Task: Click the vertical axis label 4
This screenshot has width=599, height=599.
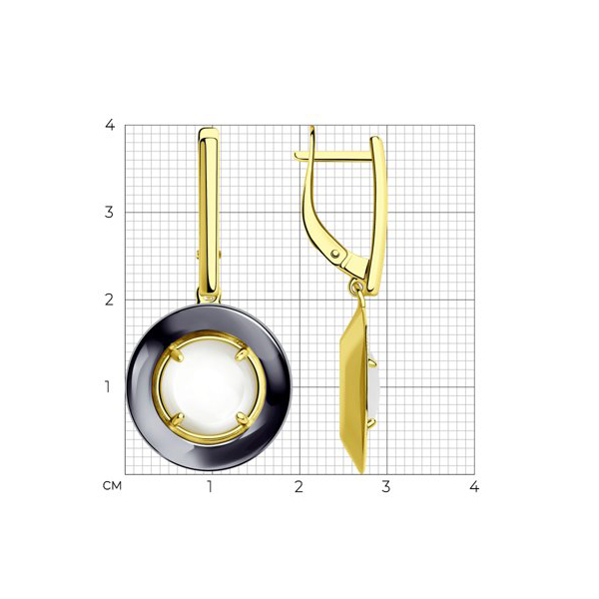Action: coord(110,125)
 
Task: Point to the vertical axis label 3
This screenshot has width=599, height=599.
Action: coord(109,212)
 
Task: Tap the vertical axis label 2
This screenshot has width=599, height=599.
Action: coord(109,299)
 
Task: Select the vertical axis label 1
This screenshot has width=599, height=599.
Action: coord(108,386)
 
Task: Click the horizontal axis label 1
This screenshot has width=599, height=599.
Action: coord(210,487)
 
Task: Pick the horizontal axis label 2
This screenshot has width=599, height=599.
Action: coord(299,487)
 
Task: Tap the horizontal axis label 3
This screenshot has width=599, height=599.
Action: coord(386,487)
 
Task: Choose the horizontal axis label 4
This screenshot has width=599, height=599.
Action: coord(474,487)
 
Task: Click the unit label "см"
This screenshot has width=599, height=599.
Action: coord(112,486)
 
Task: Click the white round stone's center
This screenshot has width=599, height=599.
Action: coord(209,387)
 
